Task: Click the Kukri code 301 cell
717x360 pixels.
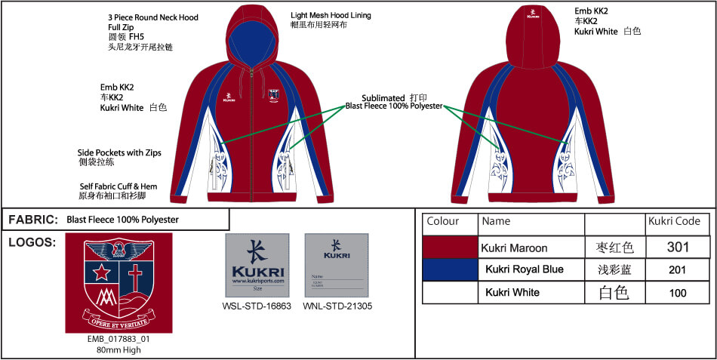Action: [x=679, y=247]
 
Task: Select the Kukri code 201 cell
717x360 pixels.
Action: [x=679, y=269]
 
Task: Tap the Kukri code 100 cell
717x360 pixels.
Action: [x=679, y=292]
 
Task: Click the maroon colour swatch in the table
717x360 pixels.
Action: [x=451, y=247]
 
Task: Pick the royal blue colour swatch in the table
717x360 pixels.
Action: [x=451, y=269]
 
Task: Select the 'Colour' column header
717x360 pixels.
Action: [x=443, y=221]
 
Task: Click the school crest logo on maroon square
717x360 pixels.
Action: [x=118, y=282]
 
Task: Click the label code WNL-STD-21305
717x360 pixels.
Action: [x=337, y=306]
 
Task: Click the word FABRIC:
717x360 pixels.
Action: [x=33, y=220]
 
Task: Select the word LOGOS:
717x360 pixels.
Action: [x=32, y=242]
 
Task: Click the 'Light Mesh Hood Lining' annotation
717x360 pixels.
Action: [x=331, y=15]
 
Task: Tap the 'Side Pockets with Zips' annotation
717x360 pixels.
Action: [x=119, y=152]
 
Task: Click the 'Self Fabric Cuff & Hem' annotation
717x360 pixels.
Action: [x=118, y=186]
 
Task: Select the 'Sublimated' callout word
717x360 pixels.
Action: [x=383, y=98]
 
